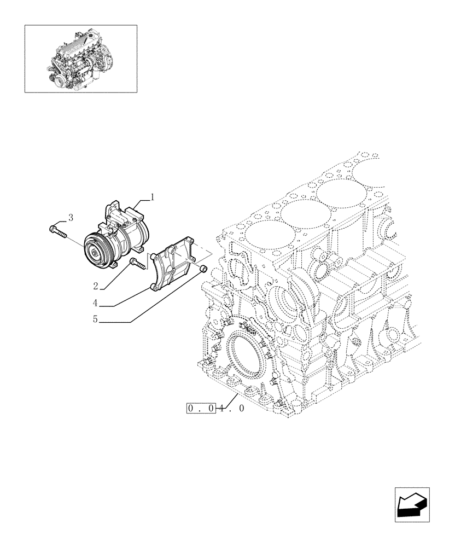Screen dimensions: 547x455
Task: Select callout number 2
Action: tap(96, 286)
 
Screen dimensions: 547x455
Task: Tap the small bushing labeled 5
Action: tap(201, 269)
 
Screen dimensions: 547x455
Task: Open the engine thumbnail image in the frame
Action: tap(80, 59)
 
